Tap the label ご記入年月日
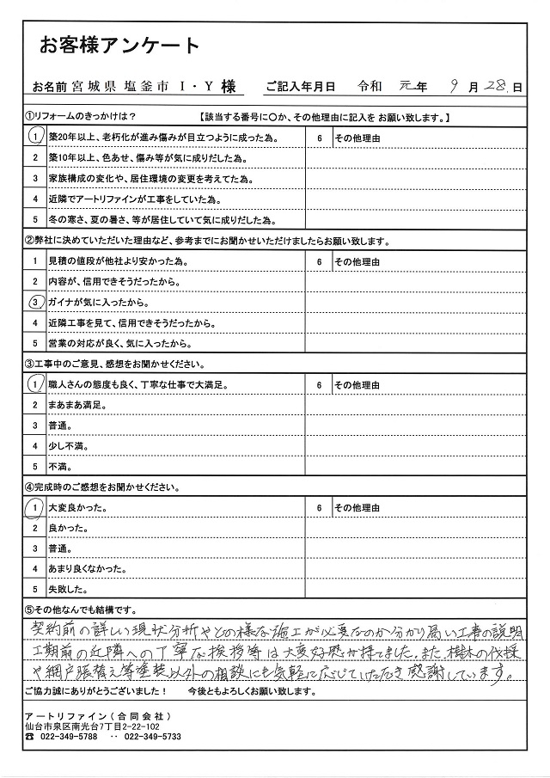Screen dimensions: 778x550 coord(300,87)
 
